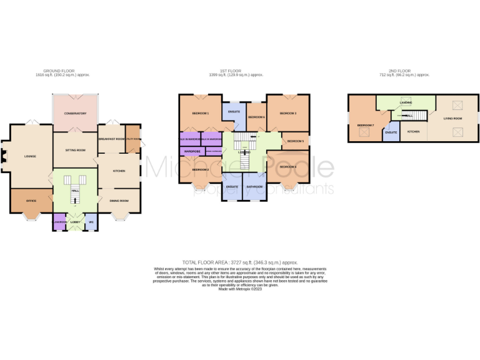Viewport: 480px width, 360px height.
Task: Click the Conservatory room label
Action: tap(74, 114)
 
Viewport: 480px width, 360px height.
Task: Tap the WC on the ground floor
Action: tap(91, 222)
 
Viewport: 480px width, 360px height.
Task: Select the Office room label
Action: tap(31, 201)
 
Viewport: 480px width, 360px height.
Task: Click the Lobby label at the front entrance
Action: tap(74, 222)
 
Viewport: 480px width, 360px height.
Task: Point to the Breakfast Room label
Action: tap(111, 139)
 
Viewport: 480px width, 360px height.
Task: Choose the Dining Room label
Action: tap(119, 201)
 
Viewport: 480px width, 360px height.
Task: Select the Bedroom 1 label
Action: tap(200, 113)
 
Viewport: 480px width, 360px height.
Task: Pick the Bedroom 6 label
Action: tap(256, 117)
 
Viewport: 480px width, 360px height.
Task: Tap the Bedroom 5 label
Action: tap(295, 142)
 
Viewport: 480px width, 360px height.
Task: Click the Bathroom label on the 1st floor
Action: tap(254, 186)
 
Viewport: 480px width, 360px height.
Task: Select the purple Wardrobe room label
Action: tap(192, 151)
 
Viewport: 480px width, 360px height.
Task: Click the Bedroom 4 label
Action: tap(287, 167)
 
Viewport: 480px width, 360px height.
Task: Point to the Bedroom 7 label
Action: tap(365, 125)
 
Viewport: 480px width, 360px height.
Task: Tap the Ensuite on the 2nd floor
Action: tap(391, 132)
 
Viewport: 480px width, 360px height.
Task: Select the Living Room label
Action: tap(452, 118)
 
